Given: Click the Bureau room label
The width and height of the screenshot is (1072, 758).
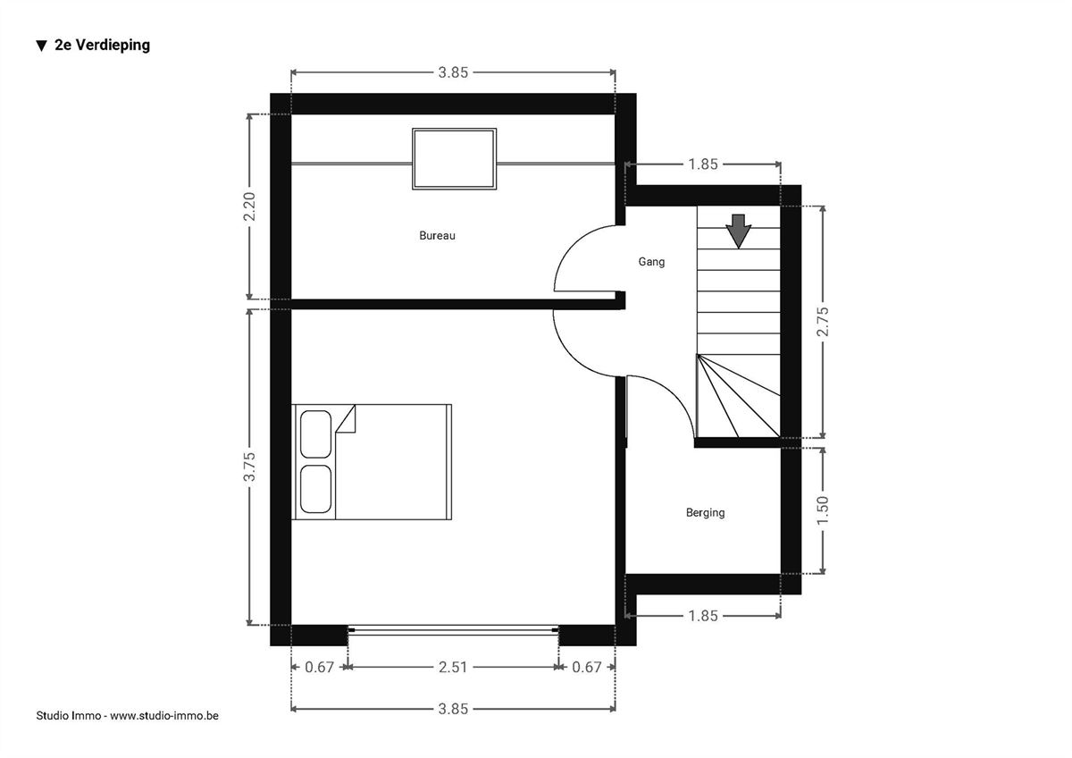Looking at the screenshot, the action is (437, 236).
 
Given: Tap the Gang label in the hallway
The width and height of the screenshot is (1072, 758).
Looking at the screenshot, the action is (651, 262).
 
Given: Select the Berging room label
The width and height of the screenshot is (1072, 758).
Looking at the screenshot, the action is (705, 513).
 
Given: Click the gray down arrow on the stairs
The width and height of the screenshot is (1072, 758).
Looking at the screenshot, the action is (739, 231).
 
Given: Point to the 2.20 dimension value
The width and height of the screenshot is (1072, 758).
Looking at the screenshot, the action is (249, 206).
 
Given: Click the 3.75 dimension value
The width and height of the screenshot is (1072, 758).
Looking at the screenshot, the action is (249, 467).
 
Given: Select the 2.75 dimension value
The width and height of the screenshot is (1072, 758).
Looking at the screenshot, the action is (822, 321).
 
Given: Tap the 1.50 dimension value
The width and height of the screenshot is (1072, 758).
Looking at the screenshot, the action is (822, 510).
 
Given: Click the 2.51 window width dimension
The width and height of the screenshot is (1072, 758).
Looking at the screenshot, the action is (453, 667).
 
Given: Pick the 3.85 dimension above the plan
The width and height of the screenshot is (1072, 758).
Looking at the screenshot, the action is (453, 72).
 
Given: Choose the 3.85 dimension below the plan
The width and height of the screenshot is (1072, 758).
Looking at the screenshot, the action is (453, 709).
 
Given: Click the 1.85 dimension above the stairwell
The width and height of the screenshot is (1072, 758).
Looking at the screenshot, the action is (702, 164).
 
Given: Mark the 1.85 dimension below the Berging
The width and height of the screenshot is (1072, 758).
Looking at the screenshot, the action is (702, 616).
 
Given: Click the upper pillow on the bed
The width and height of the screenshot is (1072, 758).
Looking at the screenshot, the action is (315, 434).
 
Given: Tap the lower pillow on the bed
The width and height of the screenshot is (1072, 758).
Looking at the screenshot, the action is (315, 489).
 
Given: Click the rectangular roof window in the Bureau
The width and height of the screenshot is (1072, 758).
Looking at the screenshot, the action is (454, 159).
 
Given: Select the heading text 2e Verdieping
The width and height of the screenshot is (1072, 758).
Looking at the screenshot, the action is (102, 45).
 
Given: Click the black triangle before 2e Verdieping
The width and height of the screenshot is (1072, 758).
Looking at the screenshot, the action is (42, 46).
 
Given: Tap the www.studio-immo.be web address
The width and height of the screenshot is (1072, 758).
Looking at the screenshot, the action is (164, 716).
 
